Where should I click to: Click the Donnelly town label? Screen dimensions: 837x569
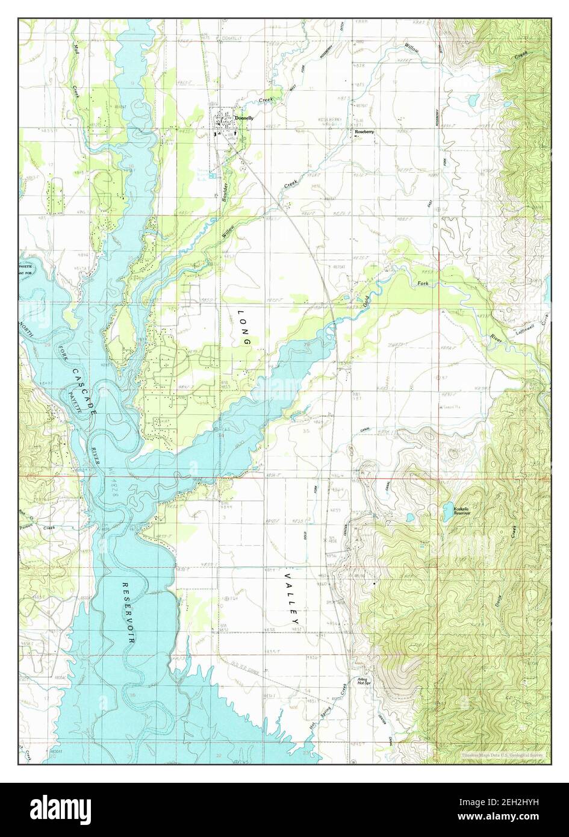[x=244, y=119]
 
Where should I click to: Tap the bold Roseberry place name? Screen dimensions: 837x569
[x=365, y=131]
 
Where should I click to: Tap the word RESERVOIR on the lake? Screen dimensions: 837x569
[x=127, y=614]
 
